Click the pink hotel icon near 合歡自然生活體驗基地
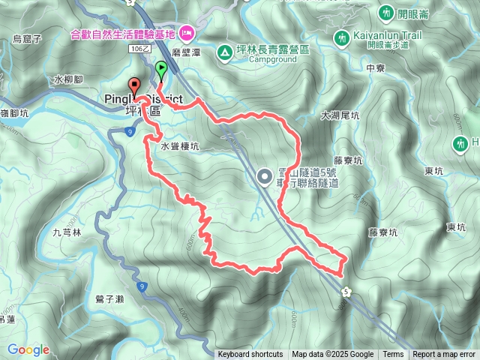[187, 32]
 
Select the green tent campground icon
[224, 52]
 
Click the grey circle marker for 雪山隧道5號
[264, 176]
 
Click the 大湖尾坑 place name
[340, 116]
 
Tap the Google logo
[28, 349]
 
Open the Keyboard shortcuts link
[250, 355]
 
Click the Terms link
[393, 355]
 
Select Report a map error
[444, 355]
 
